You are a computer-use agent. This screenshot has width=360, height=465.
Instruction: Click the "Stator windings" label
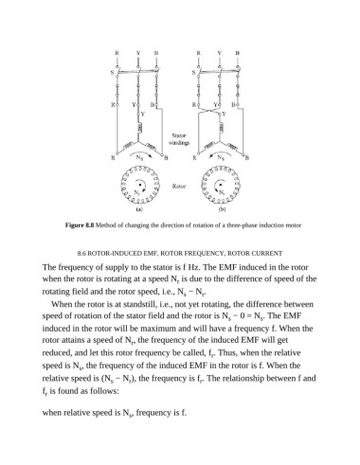179,139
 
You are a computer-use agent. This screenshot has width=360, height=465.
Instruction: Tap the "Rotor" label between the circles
179,187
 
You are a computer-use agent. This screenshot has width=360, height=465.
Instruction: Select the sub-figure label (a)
139,209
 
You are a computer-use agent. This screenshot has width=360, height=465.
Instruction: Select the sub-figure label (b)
223,209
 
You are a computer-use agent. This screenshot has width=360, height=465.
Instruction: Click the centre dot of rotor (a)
139,185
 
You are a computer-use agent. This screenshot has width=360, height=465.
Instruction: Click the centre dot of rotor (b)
221,185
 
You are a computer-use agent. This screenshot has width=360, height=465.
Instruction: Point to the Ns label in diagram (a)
139,157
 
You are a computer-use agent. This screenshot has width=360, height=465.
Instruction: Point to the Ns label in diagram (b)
221,157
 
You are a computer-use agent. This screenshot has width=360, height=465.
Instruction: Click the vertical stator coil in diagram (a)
139,128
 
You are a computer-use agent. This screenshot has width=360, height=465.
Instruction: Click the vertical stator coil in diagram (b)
222,128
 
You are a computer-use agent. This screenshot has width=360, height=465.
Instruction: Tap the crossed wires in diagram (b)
209,112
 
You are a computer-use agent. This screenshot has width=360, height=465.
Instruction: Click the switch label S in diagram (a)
112,73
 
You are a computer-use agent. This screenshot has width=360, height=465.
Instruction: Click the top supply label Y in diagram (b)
220,53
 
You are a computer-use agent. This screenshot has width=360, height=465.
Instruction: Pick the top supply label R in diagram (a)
117,53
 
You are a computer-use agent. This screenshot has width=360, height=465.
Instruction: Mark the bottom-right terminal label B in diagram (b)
247,157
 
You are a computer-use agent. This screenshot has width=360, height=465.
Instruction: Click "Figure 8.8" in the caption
80,225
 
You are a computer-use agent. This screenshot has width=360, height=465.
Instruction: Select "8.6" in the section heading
81,254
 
